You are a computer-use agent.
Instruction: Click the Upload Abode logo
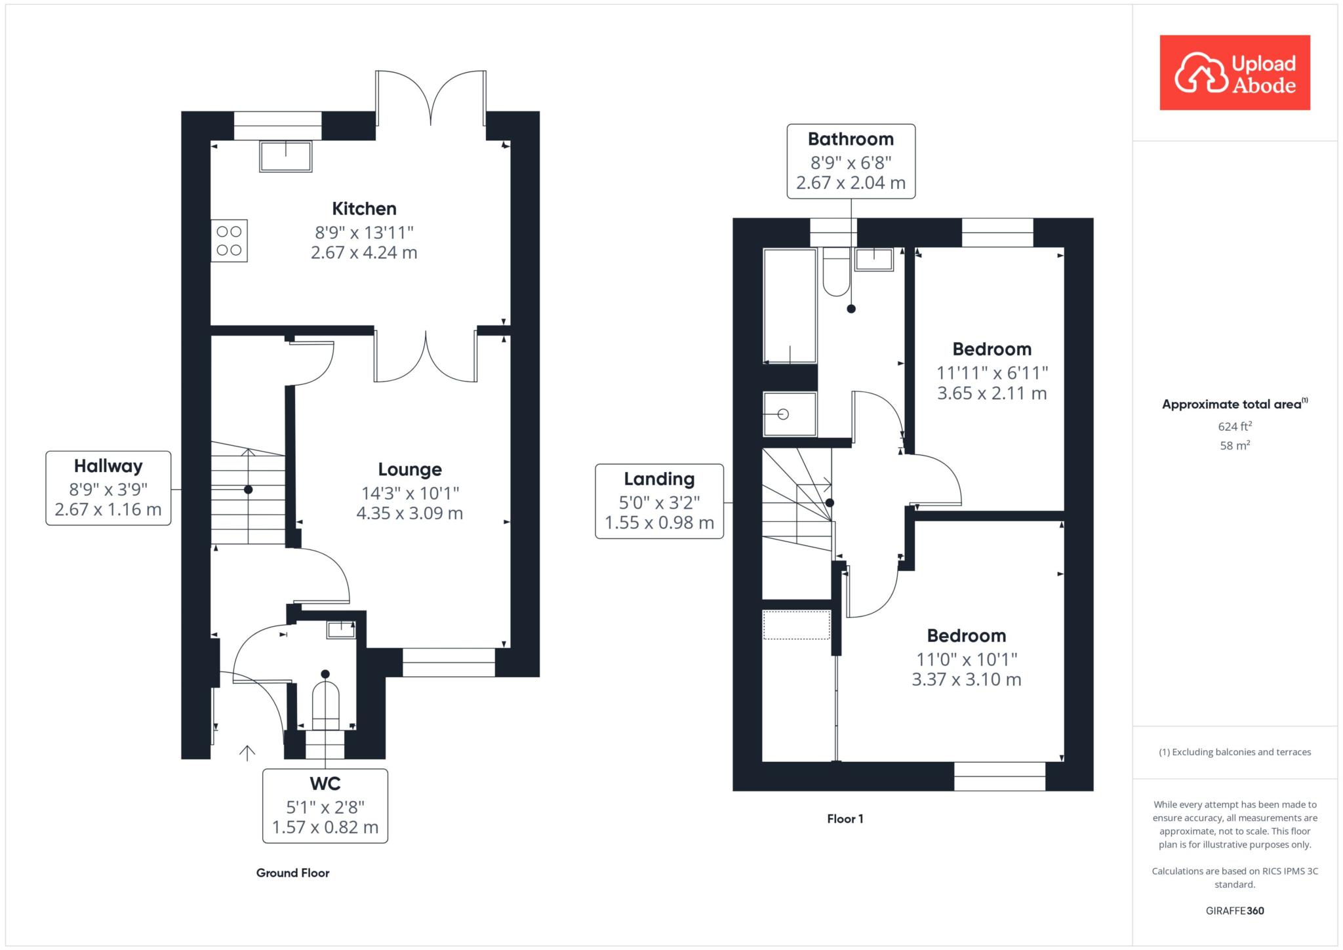[1235, 72]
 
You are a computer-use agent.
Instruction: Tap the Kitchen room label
[364, 208]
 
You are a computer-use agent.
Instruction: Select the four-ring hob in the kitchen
[229, 241]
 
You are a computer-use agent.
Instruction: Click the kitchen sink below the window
[285, 156]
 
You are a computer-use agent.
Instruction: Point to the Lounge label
[410, 469]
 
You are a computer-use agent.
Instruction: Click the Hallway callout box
[108, 488]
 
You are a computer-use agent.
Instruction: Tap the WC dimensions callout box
[325, 806]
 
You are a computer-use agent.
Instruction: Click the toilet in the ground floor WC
[325, 705]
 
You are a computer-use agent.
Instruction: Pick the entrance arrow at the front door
[247, 753]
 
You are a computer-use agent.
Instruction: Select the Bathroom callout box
[851, 161]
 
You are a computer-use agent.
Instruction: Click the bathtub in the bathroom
[790, 306]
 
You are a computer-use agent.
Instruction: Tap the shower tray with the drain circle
[790, 414]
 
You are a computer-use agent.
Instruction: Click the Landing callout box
[660, 502]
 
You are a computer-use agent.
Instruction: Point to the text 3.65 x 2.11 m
[992, 393]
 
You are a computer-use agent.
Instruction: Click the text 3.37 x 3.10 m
[967, 680]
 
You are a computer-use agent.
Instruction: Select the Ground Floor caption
[292, 873]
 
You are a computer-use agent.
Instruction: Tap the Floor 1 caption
[845, 819]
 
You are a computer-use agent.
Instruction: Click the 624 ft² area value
[1235, 426]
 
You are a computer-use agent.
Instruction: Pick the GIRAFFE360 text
[1235, 911]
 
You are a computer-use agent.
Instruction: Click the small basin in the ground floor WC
[341, 629]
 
